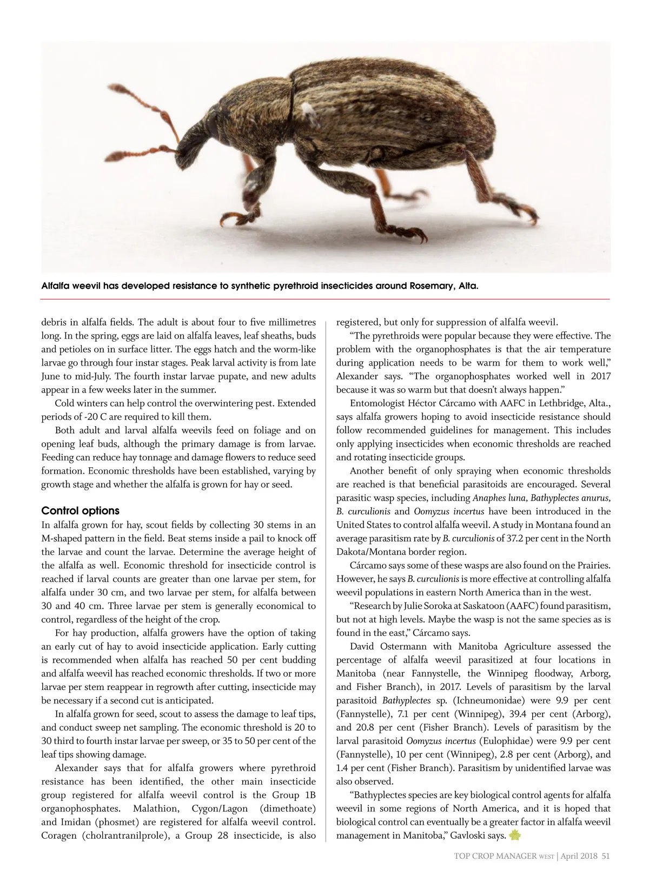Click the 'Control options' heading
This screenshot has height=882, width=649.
coord(81,511)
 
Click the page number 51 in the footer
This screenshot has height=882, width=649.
coord(606,856)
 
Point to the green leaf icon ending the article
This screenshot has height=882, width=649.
coord(514,835)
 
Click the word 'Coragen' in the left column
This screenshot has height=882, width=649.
coord(58,835)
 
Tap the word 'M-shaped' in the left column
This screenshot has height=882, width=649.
coord(61,539)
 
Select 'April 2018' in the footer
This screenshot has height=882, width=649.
coord(579,856)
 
